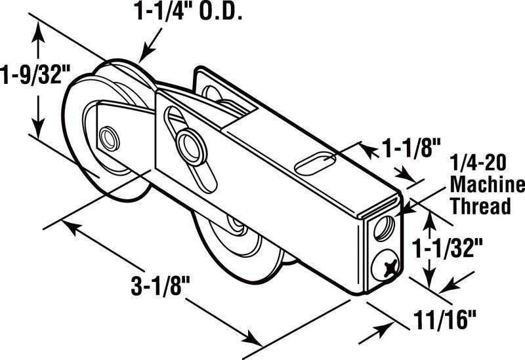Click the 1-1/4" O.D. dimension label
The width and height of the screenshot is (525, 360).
pyautogui.click(x=188, y=13)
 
